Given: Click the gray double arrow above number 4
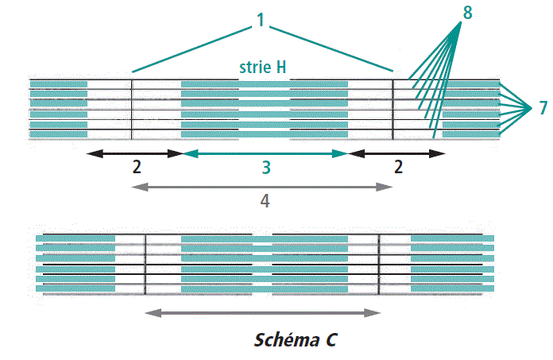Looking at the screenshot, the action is point(262,187).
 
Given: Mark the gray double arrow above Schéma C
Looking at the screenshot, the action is point(262,313).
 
